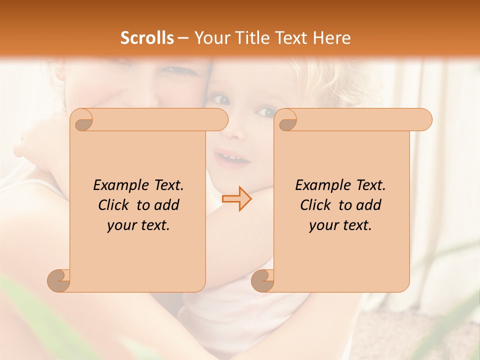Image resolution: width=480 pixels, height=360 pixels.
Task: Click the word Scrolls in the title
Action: pos(147,37)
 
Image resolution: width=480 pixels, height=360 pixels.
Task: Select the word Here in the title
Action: pos(331,37)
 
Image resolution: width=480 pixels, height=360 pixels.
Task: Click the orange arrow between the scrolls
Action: pos(237,199)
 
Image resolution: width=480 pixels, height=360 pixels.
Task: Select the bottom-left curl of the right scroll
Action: pos(263,280)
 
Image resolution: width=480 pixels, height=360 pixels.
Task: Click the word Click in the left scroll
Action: pos(115,205)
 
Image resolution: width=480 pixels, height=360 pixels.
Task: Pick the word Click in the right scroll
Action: pos(317,205)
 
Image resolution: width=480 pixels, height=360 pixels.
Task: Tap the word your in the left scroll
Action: pos(120,225)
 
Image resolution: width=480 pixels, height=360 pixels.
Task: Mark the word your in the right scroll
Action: pos(322,225)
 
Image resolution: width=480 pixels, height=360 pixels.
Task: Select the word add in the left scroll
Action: pos(167,205)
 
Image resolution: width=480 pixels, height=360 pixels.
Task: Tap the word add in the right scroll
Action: pos(369,205)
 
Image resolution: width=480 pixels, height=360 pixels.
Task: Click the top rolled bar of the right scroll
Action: pos(360,119)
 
